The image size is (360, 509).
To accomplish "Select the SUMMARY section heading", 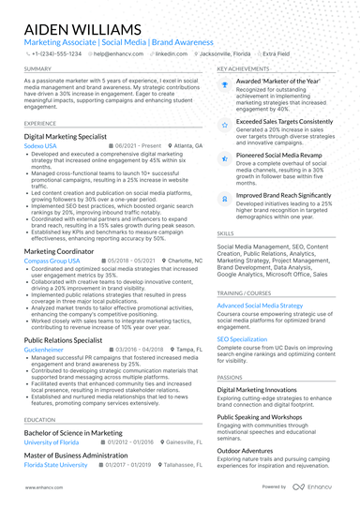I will coord(37,69).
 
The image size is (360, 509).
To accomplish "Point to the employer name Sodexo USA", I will coord(40,146).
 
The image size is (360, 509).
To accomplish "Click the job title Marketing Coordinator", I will coord(58,252).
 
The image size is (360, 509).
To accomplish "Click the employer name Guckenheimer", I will coord(44,348).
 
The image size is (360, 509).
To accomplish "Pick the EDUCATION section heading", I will coord(39,420).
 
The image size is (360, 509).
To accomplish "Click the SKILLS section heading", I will coord(226,232).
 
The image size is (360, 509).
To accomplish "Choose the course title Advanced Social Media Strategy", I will coord(261,306).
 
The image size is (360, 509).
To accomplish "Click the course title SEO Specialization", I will coord(243,339).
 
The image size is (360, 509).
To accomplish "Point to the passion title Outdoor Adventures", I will coord(248,450).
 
